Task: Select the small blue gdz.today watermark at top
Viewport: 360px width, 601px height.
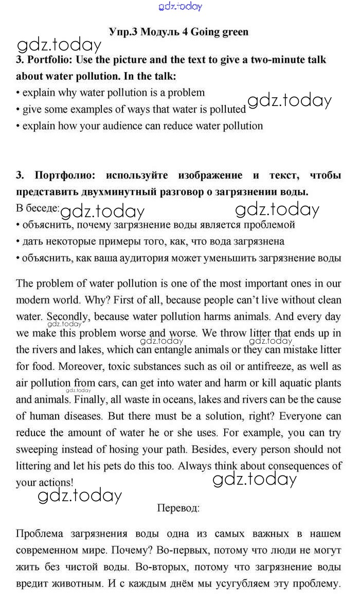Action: click(x=181, y=6)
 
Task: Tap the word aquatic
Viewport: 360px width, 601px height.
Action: click(x=292, y=383)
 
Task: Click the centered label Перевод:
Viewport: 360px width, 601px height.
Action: click(x=178, y=508)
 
